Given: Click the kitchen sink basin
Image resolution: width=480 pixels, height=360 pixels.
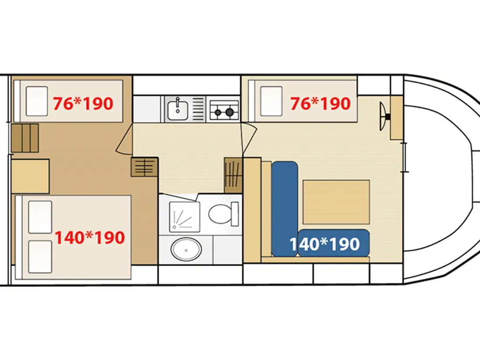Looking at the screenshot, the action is [x=178, y=109].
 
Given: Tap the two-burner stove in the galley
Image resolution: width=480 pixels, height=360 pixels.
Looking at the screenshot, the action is [x=224, y=110].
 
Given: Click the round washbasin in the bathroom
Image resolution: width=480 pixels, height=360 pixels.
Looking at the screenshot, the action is [x=186, y=250].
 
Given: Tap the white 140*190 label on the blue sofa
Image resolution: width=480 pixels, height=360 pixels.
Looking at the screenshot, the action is [x=325, y=244].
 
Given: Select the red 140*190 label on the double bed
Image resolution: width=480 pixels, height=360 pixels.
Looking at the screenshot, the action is [x=90, y=237].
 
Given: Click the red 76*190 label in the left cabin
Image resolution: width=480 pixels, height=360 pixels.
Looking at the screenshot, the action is [x=83, y=103].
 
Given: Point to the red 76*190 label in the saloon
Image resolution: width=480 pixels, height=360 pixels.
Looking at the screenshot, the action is [x=320, y=103].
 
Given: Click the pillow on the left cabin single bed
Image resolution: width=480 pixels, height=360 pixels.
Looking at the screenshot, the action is [x=37, y=101].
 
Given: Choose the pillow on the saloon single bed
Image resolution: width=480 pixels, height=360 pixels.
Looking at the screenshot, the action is [x=271, y=101].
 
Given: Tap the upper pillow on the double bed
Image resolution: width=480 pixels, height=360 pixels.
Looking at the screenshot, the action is [x=40, y=217].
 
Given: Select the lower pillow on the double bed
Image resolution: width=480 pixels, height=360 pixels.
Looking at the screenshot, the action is [x=40, y=257].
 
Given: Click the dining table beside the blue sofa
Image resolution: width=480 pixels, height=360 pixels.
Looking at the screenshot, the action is [x=336, y=202].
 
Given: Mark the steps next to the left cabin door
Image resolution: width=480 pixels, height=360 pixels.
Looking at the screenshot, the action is [x=144, y=167].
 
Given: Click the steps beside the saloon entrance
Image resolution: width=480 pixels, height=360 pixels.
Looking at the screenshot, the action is [x=233, y=175].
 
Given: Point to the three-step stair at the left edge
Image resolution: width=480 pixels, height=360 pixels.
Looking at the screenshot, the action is [x=25, y=138].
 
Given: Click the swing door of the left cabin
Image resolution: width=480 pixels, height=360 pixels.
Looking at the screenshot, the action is [x=124, y=139].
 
